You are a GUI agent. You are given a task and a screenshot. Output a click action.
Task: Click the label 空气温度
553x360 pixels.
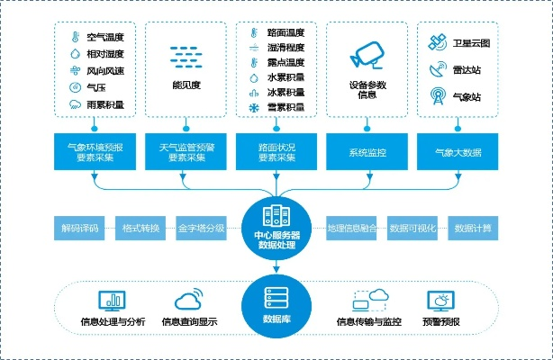tap(105, 37)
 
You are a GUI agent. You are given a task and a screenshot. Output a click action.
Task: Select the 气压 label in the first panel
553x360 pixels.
tap(96, 87)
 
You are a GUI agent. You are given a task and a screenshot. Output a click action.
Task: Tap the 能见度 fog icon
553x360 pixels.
tap(187, 56)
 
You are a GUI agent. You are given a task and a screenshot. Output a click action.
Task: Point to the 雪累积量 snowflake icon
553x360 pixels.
tap(255, 108)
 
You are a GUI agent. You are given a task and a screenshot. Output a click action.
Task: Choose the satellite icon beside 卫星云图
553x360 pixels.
tap(438, 41)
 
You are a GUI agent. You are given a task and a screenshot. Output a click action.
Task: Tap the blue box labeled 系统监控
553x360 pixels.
tap(367, 150)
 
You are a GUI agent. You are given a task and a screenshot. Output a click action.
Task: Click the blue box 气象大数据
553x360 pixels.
tap(458, 150)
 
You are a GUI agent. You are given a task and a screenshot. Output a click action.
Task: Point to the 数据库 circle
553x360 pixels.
tap(276, 307)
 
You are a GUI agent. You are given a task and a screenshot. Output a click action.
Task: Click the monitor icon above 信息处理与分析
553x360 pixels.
tap(107, 300)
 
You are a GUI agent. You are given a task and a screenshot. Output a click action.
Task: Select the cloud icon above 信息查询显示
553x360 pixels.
tap(189, 300)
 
